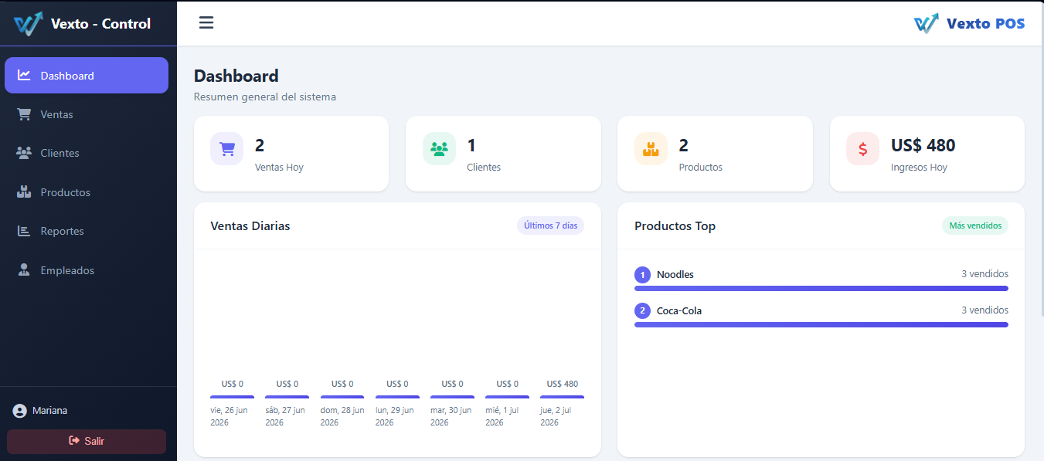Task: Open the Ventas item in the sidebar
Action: [x=56, y=114]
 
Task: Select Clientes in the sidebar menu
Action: [x=60, y=153]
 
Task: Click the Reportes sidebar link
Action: [x=62, y=232]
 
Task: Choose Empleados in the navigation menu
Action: [x=67, y=270]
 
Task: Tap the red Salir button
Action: [x=87, y=442]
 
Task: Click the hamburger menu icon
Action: [x=206, y=22]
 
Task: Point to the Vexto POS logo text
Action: [x=985, y=24]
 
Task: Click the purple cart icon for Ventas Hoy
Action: [x=227, y=149]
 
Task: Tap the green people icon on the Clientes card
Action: [x=439, y=149]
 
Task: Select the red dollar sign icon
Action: [x=862, y=149]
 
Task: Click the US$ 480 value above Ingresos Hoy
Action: [x=923, y=146]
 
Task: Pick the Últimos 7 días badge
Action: [x=550, y=225]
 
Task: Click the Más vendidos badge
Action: [x=975, y=225]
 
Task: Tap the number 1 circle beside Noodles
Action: [x=642, y=275]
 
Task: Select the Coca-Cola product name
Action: [x=679, y=311]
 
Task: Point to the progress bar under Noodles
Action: [x=821, y=289]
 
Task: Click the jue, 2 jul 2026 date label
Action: [x=556, y=416]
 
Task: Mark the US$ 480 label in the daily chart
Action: [x=562, y=385]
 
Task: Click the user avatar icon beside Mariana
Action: [x=19, y=411]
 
